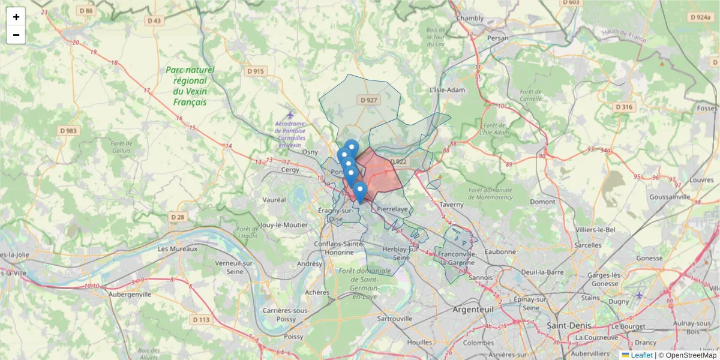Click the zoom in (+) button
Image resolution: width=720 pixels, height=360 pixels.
[x=16, y=17]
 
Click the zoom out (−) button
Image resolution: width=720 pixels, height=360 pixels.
[x=16, y=35]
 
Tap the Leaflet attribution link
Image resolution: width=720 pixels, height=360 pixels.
[x=641, y=355]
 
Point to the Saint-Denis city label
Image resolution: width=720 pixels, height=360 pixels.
[x=569, y=325]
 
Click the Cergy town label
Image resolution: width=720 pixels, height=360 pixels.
[x=290, y=170]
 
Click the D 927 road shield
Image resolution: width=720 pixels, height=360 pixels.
[x=367, y=100]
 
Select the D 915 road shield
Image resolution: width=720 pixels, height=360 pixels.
[x=255, y=71]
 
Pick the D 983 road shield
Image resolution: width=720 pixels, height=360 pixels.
[x=68, y=130]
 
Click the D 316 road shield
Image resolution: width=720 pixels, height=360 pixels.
[x=624, y=107]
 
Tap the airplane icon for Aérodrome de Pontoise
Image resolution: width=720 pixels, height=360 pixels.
[x=290, y=115]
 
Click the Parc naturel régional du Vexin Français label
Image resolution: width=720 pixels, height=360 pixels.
[x=190, y=86]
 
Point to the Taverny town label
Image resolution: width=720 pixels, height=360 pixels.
[x=451, y=204]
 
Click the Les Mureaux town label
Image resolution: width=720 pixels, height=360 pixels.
[x=177, y=248]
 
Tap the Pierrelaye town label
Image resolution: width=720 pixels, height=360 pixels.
[x=393, y=209]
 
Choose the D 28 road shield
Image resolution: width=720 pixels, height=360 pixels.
[x=177, y=217]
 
